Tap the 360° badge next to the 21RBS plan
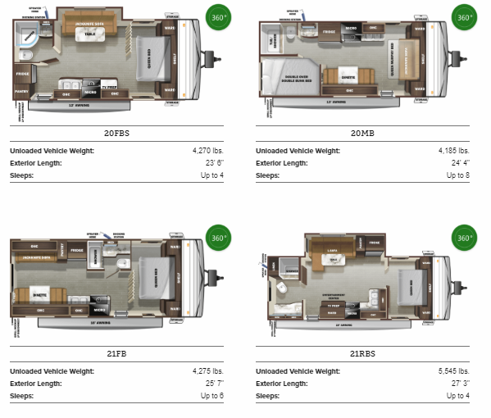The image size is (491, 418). click(x=463, y=240)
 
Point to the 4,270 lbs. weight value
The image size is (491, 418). click(x=205, y=151)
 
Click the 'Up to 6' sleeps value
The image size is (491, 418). click(x=211, y=397)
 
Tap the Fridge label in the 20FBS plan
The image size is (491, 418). click(x=21, y=74)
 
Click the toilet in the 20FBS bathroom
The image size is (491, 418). click(x=21, y=54)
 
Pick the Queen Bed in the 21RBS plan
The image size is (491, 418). click(x=407, y=285)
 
